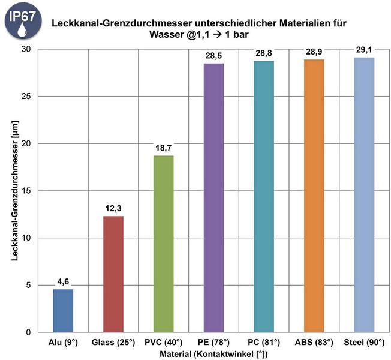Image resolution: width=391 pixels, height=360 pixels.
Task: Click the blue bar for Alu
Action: point(63,310)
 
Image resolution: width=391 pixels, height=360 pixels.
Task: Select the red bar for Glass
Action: point(113,274)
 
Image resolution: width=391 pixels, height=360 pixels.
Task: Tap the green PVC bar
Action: point(163,244)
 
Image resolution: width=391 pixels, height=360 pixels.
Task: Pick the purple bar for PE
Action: point(213,197)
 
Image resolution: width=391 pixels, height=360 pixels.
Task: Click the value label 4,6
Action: point(64,281)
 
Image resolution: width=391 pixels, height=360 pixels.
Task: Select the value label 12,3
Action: point(113,208)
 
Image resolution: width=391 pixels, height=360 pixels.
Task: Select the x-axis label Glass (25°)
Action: point(113,343)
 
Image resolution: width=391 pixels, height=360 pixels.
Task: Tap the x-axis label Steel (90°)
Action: point(364,343)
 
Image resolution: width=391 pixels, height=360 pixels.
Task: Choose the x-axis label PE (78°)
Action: point(213,343)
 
